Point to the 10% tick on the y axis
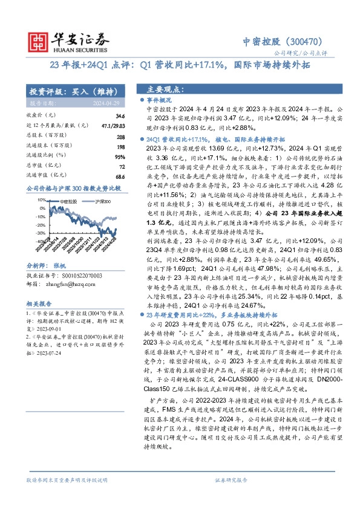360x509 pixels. tap(42, 199)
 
